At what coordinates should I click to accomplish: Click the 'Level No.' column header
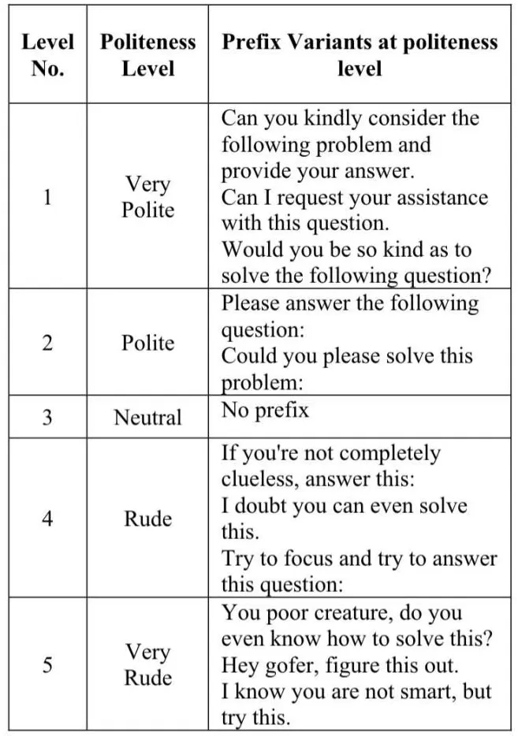(47, 54)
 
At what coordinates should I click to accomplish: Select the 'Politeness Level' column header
(147, 54)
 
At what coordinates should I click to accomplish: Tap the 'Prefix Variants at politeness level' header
(360, 54)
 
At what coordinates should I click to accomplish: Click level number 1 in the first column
(47, 197)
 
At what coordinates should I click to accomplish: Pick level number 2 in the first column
(47, 344)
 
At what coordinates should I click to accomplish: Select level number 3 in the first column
(47, 417)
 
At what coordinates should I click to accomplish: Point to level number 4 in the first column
(47, 519)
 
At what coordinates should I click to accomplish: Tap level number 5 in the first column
(47, 665)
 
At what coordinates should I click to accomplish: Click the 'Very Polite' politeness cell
(147, 197)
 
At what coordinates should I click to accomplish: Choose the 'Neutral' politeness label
(147, 417)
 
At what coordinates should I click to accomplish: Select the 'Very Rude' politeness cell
(147, 665)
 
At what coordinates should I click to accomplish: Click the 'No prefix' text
(265, 411)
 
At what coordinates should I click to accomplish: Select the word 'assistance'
(449, 198)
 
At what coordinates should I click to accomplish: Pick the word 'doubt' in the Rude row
(261, 506)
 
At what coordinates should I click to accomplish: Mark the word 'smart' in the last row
(423, 692)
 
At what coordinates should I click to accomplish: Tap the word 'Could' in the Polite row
(247, 355)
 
